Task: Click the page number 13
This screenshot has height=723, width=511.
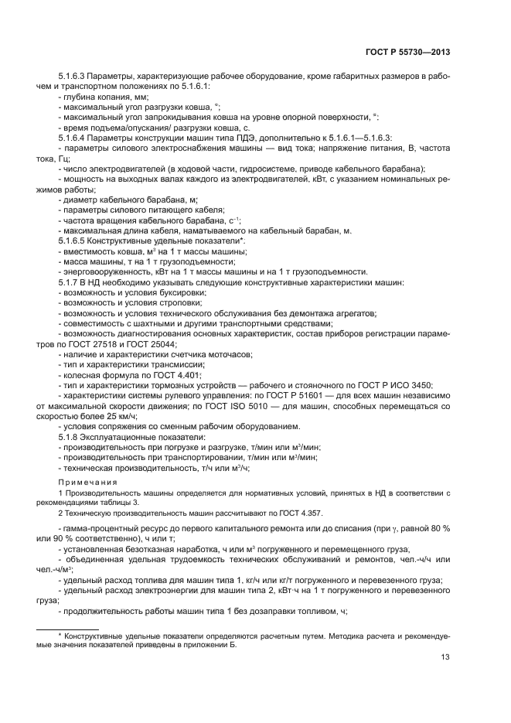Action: [445, 658]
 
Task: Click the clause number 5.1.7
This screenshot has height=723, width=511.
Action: [70, 283]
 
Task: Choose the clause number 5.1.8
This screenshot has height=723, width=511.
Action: [70, 438]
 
